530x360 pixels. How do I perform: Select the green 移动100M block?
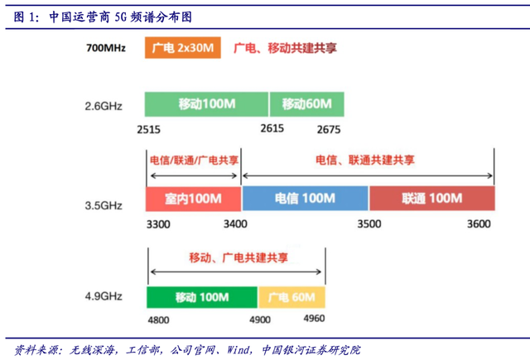pyautogui.click(x=207, y=104)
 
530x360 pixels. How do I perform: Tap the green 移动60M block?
pyautogui.click(x=306, y=104)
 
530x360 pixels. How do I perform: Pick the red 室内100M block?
pyautogui.click(x=193, y=199)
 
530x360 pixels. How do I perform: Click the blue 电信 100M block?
pyautogui.click(x=305, y=199)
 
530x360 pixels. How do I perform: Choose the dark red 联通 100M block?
pyautogui.click(x=431, y=199)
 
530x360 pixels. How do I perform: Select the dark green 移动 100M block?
pyautogui.click(x=202, y=297)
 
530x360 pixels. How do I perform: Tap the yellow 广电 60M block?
pyautogui.click(x=292, y=297)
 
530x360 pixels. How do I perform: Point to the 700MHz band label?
pyautogui.click(x=106, y=49)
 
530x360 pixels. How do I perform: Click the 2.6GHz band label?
pyautogui.click(x=104, y=106)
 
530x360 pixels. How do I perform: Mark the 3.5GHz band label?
pyautogui.click(x=104, y=200)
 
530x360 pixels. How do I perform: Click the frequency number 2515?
pyautogui.click(x=150, y=129)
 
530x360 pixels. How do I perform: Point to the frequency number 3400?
pyautogui.click(x=234, y=224)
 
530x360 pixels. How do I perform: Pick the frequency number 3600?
pyautogui.click(x=479, y=224)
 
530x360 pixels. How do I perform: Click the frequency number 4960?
pyautogui.click(x=314, y=318)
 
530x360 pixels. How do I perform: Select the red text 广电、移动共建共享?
pyautogui.click(x=286, y=49)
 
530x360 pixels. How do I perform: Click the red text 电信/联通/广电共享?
pyautogui.click(x=191, y=159)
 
